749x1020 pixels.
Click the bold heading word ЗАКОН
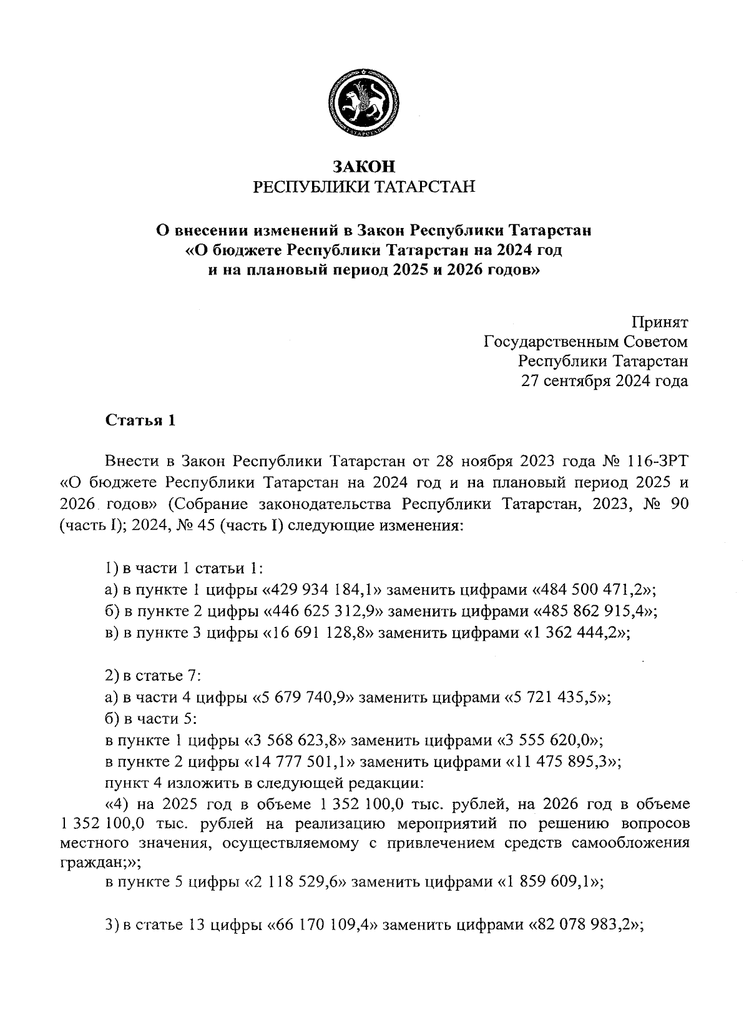tap(364, 167)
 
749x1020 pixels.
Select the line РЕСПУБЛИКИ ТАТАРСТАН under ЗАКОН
tap(364, 187)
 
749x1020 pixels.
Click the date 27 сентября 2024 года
tap(605, 381)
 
